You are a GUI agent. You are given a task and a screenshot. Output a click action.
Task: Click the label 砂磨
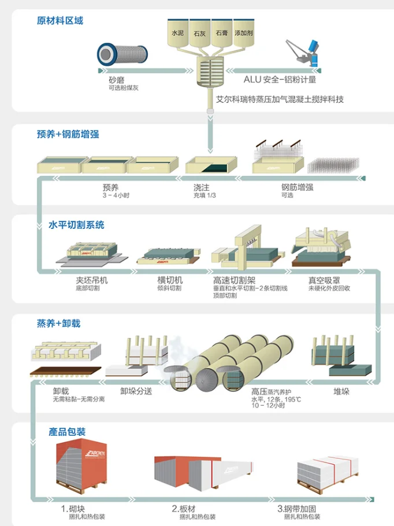tap(116, 80)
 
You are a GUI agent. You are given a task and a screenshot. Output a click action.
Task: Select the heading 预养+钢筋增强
tap(68, 134)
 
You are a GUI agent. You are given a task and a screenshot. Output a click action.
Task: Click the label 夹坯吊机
tap(91, 280)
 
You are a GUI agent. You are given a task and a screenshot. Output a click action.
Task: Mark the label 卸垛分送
tap(136, 391)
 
